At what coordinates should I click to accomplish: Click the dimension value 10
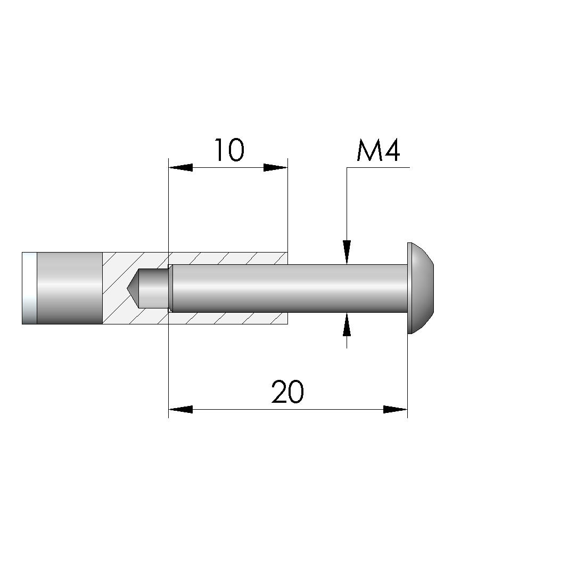pos(229,150)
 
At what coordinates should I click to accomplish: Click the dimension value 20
pos(287,392)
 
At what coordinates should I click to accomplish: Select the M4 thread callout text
pos(378,150)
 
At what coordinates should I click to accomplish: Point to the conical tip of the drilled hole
pos(133,288)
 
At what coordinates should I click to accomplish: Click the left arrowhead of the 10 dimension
pos(180,168)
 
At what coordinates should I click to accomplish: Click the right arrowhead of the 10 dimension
pos(276,168)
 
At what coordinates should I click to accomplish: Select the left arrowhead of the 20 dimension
pos(180,409)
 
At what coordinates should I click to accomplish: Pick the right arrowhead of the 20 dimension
pos(395,409)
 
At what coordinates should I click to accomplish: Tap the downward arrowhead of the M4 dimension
pos(347,252)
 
